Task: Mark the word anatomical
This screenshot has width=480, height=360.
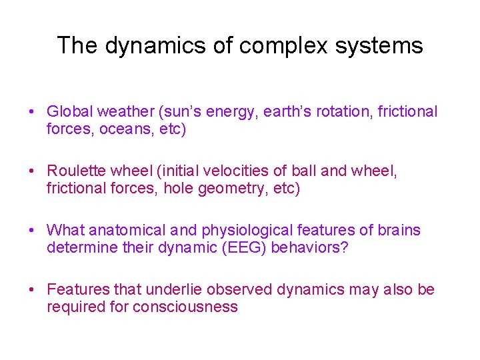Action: (126, 231)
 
